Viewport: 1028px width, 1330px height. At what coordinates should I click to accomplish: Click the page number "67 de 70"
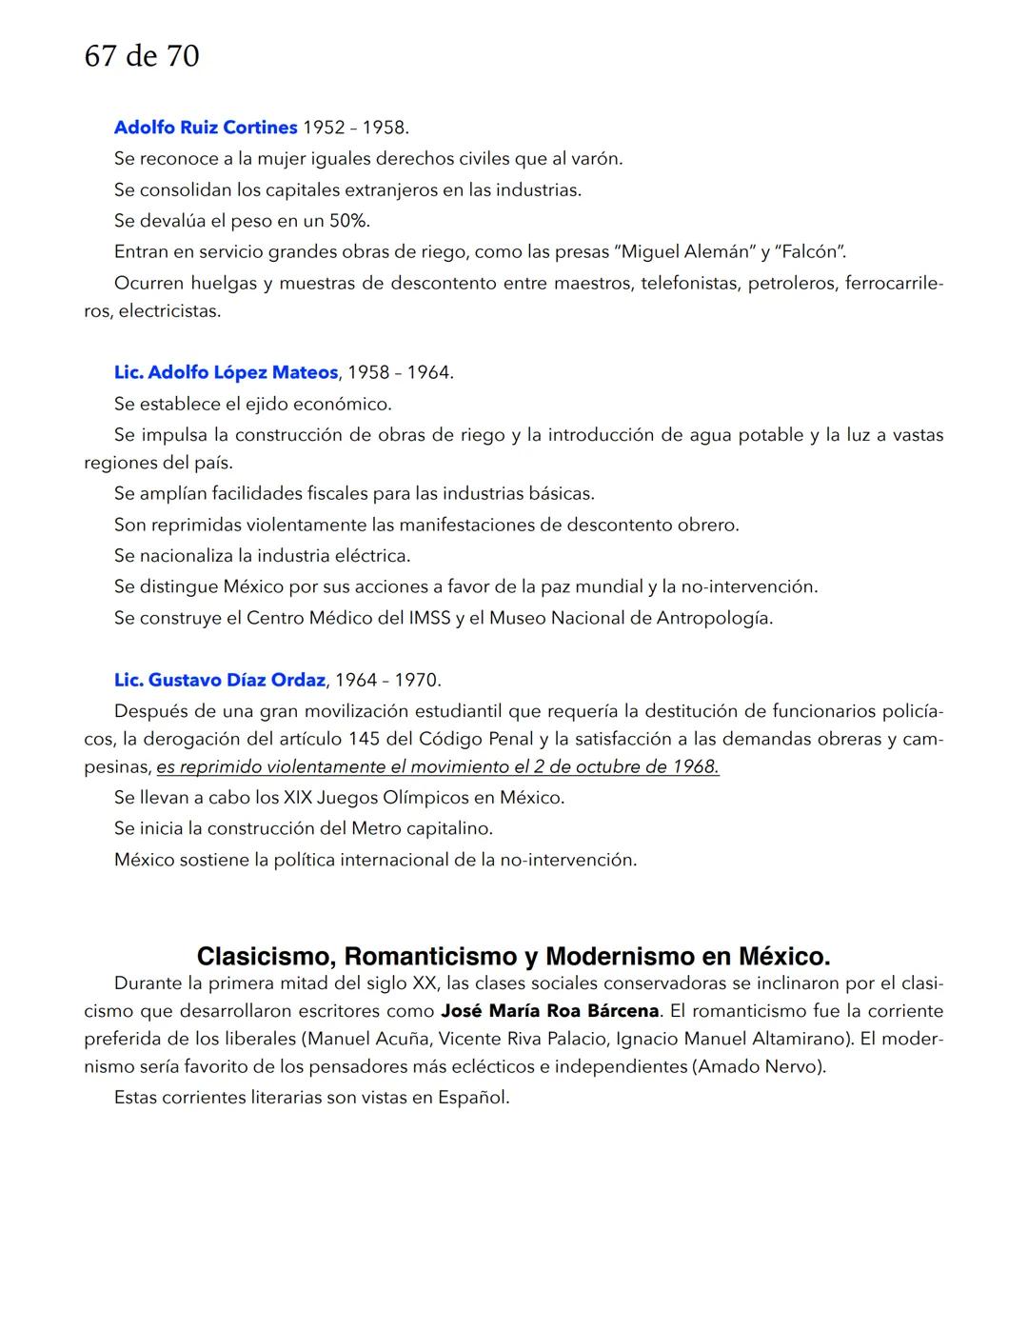[x=142, y=56]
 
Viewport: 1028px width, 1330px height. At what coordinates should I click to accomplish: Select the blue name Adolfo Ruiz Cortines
[x=206, y=128]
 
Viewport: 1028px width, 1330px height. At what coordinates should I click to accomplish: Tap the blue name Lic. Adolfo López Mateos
[x=226, y=372]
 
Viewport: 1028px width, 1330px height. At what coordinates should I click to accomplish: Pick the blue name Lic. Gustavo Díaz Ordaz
[x=219, y=680]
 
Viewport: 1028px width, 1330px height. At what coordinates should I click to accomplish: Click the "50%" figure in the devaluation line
[x=348, y=221]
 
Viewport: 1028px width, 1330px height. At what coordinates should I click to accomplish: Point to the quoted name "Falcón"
[x=811, y=252]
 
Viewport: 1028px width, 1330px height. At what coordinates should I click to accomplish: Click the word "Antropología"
[x=714, y=618]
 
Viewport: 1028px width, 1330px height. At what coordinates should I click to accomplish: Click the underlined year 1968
[x=695, y=767]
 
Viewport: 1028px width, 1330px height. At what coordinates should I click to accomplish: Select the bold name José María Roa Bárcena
[x=549, y=1011]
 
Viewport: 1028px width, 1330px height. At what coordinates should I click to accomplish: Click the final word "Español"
[x=473, y=1098]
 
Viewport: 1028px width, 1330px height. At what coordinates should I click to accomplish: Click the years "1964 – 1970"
[x=387, y=680]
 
